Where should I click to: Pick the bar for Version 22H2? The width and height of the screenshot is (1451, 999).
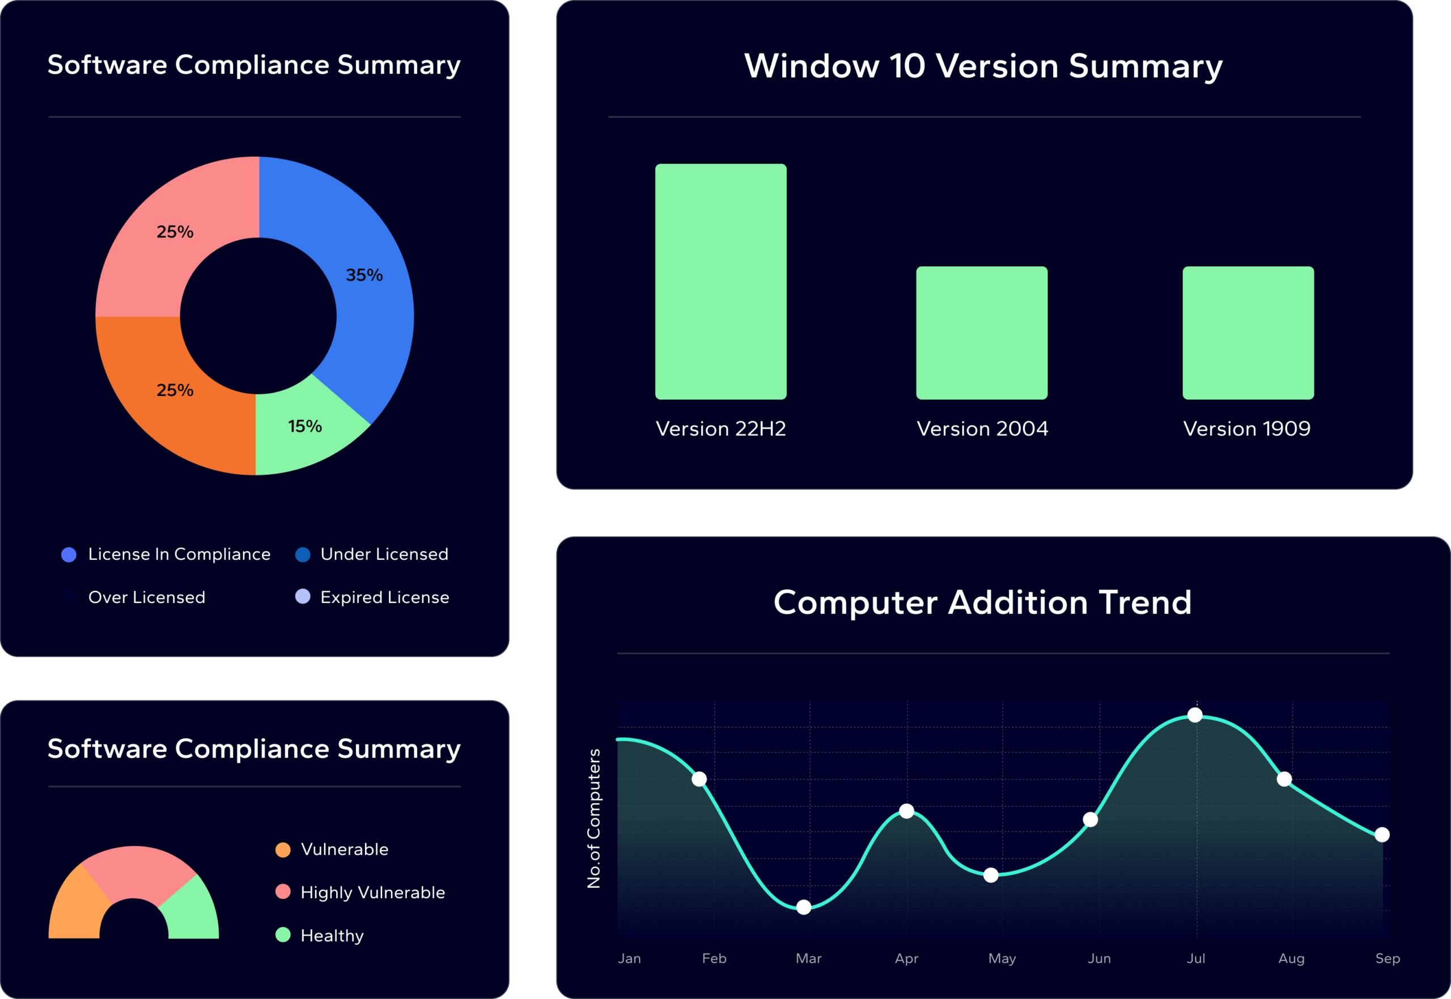[x=720, y=282]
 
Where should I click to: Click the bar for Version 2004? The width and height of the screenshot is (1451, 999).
[x=982, y=333]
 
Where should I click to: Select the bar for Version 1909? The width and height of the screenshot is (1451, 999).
[x=1248, y=333]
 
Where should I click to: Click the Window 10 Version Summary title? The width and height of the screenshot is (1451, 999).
[x=983, y=66]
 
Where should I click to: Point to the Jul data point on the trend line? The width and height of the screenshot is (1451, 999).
[x=1195, y=715]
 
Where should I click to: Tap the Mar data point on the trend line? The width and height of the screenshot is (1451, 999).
[x=804, y=907]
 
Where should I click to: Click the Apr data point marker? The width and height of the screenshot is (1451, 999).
[x=906, y=811]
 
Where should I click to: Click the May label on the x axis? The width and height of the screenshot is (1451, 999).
[x=1002, y=958]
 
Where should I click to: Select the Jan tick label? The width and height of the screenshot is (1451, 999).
[x=629, y=958]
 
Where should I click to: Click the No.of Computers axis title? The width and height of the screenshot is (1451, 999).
[x=593, y=818]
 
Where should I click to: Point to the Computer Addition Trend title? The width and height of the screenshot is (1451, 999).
[x=982, y=602]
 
